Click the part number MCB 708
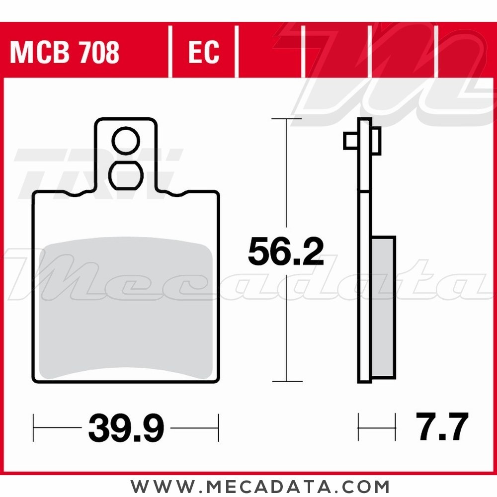pos(65,52)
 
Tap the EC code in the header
pos(203,52)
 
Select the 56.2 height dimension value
pos(286,251)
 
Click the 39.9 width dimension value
pos(126,427)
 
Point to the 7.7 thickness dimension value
pos(442,426)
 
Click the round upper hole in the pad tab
pos(126,141)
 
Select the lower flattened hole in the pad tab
pos(126,175)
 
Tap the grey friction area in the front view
pos(126,308)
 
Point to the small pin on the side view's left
pos(351,141)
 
